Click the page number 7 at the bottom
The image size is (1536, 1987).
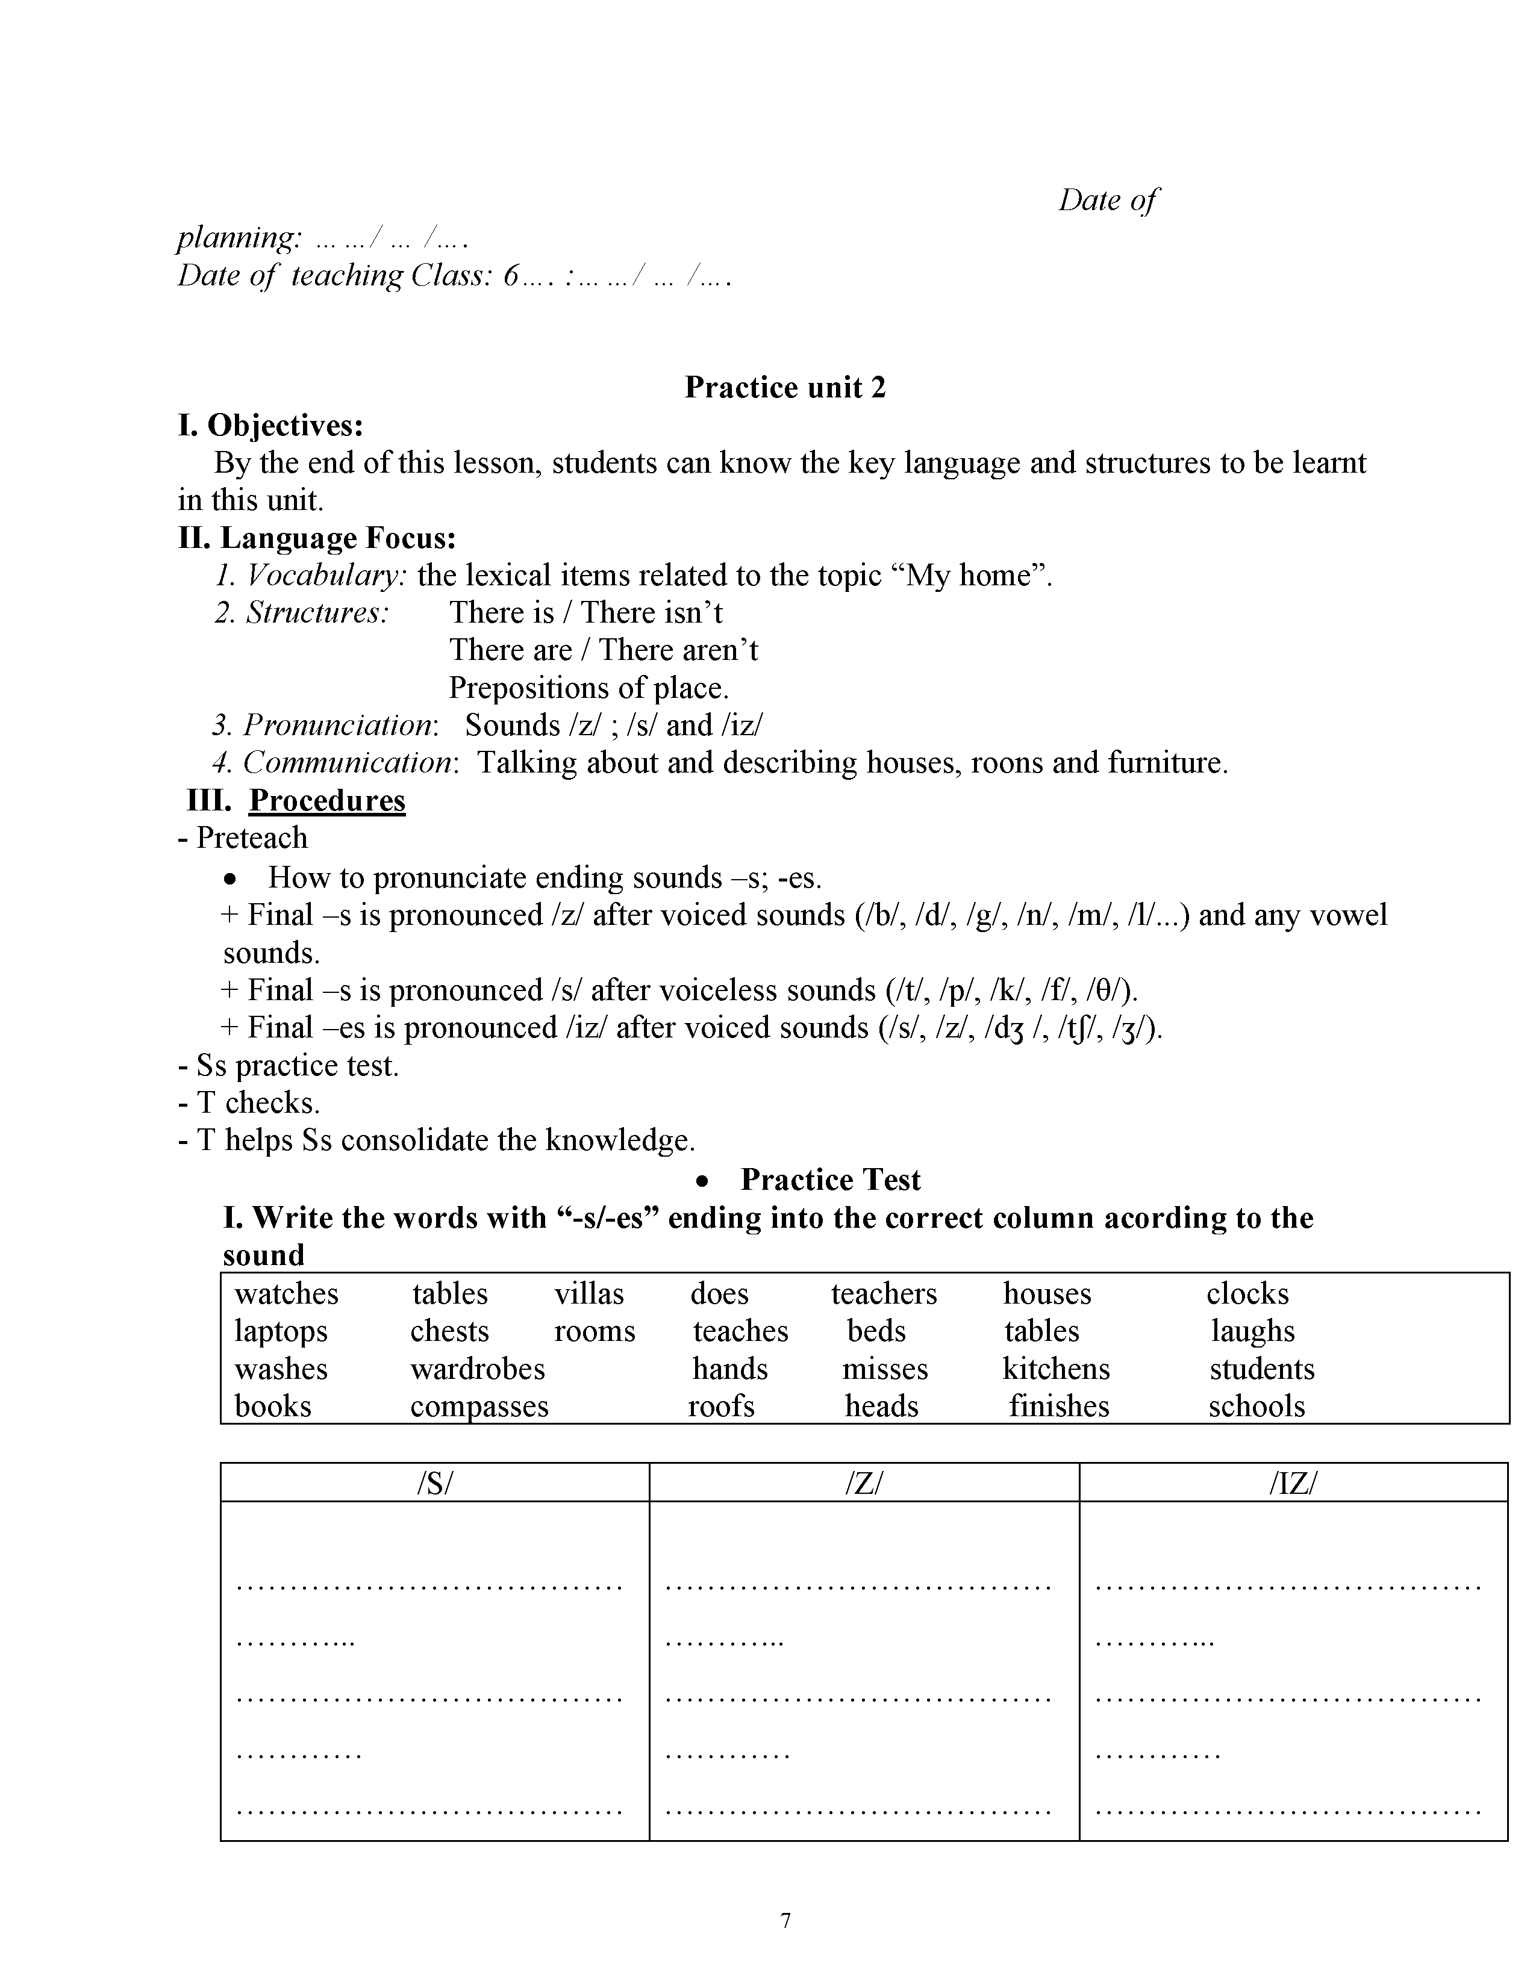point(785,1921)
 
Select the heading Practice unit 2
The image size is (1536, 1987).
point(784,388)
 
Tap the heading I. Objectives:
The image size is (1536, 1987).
point(270,425)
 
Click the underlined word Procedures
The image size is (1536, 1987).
point(326,801)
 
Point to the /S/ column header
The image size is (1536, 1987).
point(434,1483)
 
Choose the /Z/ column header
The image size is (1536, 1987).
point(864,1483)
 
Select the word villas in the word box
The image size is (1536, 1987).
point(588,1294)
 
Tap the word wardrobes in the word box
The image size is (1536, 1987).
point(477,1369)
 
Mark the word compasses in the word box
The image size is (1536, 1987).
point(479,1407)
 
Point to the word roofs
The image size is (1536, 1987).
point(720,1407)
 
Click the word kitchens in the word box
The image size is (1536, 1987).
point(1055,1369)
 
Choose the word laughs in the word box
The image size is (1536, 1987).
point(1252,1332)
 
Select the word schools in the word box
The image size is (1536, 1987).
point(1257,1407)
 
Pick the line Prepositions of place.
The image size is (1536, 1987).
point(588,688)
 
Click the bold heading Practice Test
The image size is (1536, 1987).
point(830,1180)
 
